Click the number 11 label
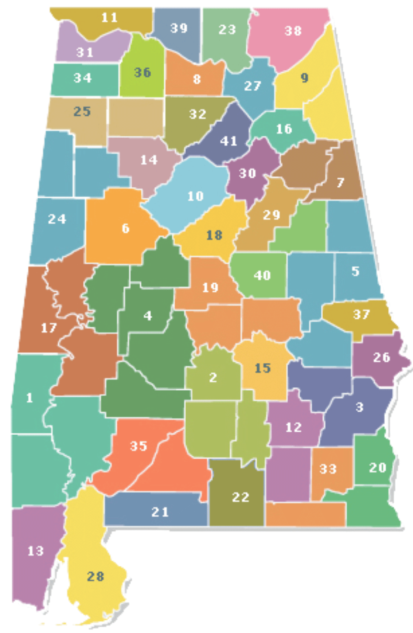[x=109, y=17]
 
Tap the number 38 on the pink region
[x=293, y=30]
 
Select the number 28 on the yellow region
[x=96, y=576]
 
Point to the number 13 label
[x=35, y=550]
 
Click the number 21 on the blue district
[x=160, y=511]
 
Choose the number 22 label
[x=240, y=497]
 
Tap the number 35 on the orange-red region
[x=138, y=446]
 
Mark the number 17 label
[x=48, y=328]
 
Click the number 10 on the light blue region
[x=195, y=196]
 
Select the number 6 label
[x=125, y=228]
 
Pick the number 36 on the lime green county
[x=142, y=72]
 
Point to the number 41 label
[x=229, y=141]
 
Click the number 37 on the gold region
[x=361, y=314]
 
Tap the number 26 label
[x=381, y=357]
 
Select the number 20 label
[x=377, y=468]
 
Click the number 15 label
[x=262, y=367]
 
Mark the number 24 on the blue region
[x=57, y=219]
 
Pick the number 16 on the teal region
[x=284, y=129]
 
